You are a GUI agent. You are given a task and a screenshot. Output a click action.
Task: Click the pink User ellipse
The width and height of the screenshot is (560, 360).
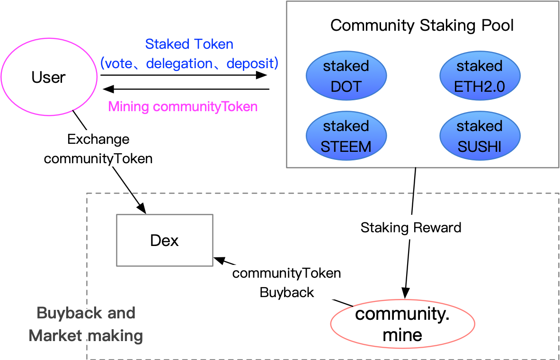(49, 77)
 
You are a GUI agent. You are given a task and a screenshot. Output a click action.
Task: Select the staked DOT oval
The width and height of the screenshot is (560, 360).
(346, 76)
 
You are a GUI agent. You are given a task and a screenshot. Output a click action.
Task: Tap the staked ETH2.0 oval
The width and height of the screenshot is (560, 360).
(480, 76)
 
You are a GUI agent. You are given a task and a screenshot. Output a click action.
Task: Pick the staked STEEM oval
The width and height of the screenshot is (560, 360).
(346, 136)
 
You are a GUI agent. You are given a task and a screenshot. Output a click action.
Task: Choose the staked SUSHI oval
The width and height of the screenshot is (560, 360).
(480, 136)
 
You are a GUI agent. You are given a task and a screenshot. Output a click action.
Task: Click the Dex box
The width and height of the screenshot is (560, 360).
(164, 240)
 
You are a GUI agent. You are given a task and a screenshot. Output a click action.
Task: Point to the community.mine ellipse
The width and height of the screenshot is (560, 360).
(402, 324)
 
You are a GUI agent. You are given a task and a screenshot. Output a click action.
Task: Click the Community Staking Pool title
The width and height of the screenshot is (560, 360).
(422, 25)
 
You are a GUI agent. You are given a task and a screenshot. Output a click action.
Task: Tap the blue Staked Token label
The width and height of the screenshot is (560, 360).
(189, 44)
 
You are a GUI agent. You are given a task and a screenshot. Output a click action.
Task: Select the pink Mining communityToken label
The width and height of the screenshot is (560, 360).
(183, 106)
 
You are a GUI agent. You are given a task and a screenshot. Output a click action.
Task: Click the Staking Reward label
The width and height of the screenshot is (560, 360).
(410, 228)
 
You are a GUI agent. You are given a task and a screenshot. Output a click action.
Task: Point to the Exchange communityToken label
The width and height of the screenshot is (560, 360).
(98, 149)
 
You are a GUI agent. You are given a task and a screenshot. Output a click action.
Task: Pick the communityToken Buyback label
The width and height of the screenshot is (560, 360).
(286, 283)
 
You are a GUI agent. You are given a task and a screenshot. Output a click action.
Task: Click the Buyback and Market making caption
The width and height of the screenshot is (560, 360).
(86, 324)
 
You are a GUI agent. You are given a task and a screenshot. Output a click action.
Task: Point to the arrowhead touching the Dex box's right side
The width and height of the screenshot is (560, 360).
(219, 260)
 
